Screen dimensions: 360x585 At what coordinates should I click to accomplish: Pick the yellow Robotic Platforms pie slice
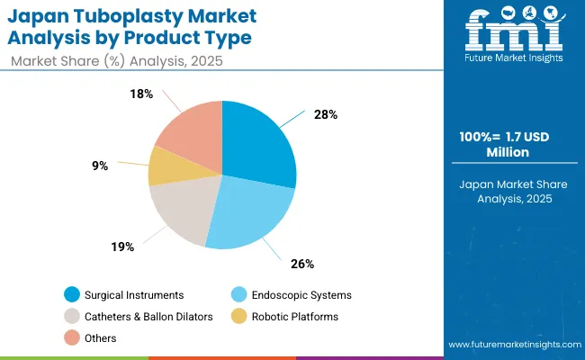(x=167, y=166)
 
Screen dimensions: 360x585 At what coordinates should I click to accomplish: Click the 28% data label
(x=326, y=114)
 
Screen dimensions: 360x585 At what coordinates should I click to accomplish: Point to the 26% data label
(x=302, y=264)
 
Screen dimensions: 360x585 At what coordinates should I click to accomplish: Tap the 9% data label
(x=100, y=166)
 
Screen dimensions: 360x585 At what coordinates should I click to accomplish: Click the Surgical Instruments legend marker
(x=71, y=294)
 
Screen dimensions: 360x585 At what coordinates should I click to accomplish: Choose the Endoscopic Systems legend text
(x=301, y=294)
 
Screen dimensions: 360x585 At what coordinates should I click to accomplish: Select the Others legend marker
(x=71, y=337)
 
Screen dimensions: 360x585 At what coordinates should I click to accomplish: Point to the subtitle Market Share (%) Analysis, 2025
(x=118, y=60)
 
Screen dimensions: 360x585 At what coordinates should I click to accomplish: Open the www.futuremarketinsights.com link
(x=512, y=345)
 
